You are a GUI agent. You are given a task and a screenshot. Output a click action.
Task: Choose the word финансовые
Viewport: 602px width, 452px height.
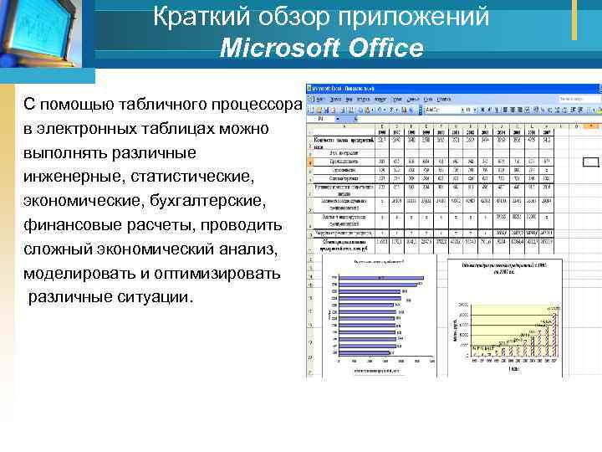click(65, 226)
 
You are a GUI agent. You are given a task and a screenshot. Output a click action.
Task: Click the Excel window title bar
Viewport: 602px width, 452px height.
click(451, 87)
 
